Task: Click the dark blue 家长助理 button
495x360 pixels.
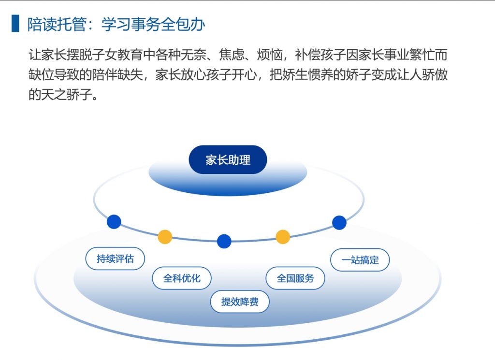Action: pyautogui.click(x=228, y=159)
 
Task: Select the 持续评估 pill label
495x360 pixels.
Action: pyautogui.click(x=115, y=259)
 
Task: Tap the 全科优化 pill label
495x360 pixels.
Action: pyautogui.click(x=182, y=278)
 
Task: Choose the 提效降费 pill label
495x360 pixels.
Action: pyautogui.click(x=240, y=302)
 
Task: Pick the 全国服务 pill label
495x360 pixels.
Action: pyautogui.click(x=295, y=278)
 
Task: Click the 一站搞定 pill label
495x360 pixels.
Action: pyautogui.click(x=360, y=260)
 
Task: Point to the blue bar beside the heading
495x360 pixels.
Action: pyautogui.click(x=15, y=23)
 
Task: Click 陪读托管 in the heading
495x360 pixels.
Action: pyautogui.click(x=57, y=24)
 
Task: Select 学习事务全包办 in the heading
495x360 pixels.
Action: pyautogui.click(x=153, y=24)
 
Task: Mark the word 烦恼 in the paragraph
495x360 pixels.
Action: pyautogui.click(x=270, y=55)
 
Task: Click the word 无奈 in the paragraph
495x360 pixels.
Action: pyautogui.click(x=194, y=55)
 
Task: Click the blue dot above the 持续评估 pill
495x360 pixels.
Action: pyautogui.click(x=114, y=221)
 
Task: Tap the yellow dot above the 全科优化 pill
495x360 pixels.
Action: pyautogui.click(x=165, y=237)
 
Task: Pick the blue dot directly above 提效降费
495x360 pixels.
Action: pyautogui.click(x=224, y=241)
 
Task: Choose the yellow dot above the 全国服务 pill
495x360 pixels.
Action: pyautogui.click(x=283, y=237)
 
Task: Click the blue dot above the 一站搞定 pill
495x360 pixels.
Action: pyautogui.click(x=339, y=223)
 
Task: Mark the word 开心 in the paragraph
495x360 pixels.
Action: pyautogui.click(x=244, y=74)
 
